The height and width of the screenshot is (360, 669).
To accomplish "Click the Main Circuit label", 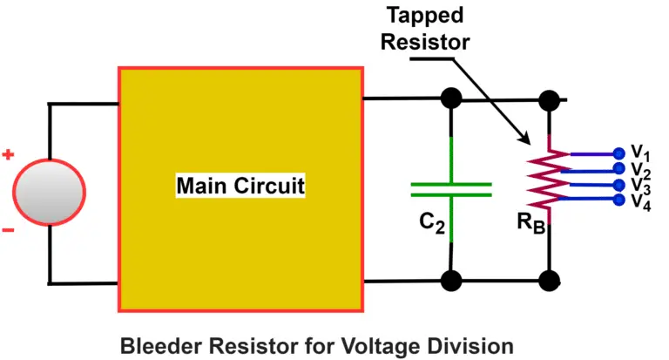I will pos(240,186).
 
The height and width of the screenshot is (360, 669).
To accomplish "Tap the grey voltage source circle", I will pos(50,191).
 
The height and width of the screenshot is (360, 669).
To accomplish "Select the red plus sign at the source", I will pos(9,155).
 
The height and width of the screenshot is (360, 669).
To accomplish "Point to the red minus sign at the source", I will pos(9,230).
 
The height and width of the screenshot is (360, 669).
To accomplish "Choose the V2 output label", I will pos(640,169).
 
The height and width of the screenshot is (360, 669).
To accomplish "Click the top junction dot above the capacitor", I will pos(450,98).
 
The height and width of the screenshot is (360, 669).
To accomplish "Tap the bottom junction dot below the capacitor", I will pos(450,281).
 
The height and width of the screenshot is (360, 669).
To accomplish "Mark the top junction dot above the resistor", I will pos(550,98).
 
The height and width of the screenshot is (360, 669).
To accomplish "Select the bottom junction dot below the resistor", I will pos(550,281).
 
